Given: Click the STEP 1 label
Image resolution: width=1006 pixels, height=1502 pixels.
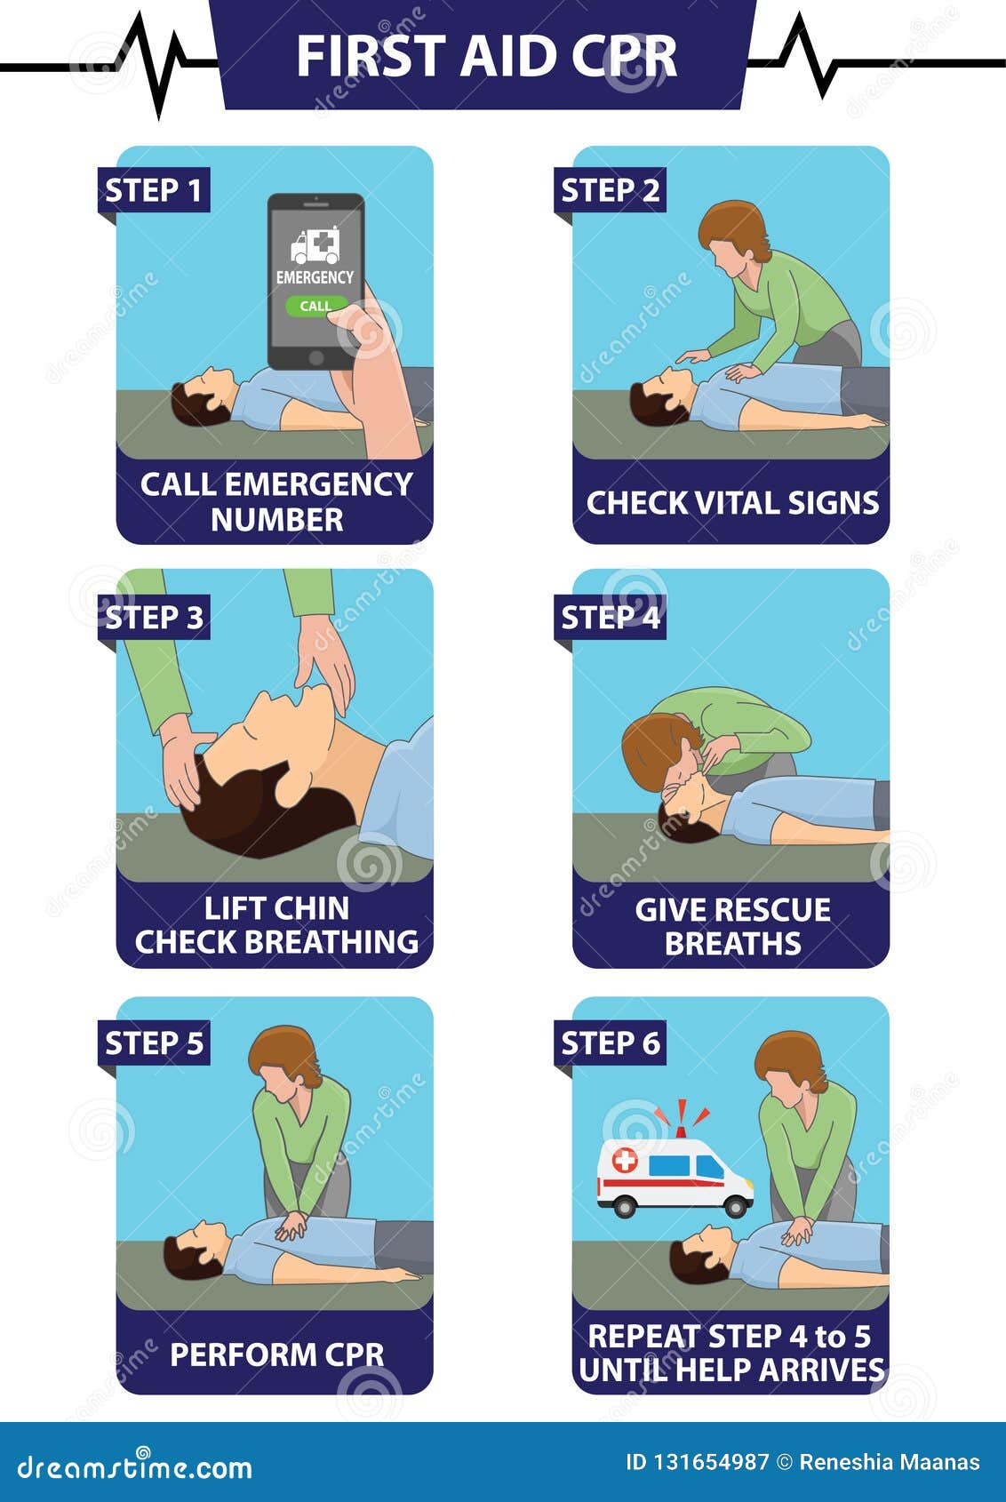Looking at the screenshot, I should [153, 190].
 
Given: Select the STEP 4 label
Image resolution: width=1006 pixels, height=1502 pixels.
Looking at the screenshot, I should [610, 616].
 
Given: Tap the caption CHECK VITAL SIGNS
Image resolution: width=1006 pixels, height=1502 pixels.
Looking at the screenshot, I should [732, 503].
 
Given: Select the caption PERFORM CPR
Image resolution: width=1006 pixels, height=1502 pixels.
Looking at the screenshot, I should [276, 1354].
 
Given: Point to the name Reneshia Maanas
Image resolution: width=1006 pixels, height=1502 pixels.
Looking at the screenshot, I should [889, 1462].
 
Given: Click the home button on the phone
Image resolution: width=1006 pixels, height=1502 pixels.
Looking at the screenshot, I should [315, 357].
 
